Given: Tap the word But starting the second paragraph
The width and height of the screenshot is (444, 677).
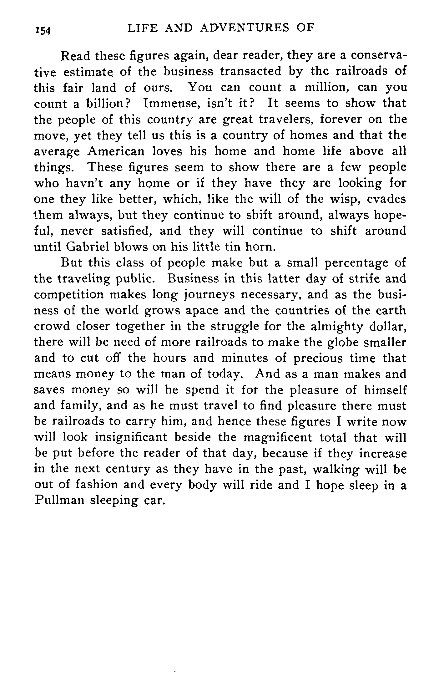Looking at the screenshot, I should (72, 263).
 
